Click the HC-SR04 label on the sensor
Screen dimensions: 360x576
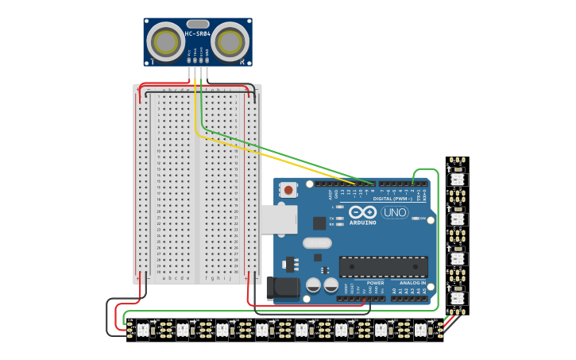coord(198,33)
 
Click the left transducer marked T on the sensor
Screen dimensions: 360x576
coord(166,41)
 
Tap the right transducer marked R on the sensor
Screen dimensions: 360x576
coord(230,41)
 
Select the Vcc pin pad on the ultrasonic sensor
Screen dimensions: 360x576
coord(189,60)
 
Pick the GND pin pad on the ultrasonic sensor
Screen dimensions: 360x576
coord(207,60)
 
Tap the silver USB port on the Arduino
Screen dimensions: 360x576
coord(278,219)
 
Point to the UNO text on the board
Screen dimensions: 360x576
coord(394,212)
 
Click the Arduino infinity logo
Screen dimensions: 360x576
coord(363,212)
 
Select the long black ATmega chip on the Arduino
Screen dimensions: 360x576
coord(383,266)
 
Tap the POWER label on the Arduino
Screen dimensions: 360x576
coord(375,282)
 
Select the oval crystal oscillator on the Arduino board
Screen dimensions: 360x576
coord(316,243)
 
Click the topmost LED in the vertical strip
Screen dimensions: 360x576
coord(458,180)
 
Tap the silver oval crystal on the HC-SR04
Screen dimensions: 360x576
coord(198,24)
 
